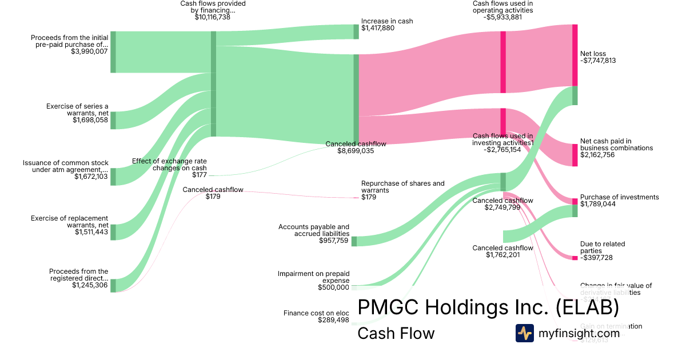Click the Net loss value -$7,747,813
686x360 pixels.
coord(597,61)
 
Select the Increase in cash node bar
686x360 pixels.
coord(356,31)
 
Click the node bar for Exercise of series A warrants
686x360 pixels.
coord(113,121)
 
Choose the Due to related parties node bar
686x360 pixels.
coord(575,258)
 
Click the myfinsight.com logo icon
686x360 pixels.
coord(524,333)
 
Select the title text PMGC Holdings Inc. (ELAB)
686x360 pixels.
coord(488,307)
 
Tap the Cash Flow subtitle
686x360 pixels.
coord(396,333)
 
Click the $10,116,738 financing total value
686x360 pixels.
coord(213,18)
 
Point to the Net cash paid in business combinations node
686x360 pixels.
coord(575,155)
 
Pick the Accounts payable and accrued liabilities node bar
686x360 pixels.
coord(354,241)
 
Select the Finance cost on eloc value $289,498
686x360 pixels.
coord(333,320)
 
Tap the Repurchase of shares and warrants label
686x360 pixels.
coord(402,187)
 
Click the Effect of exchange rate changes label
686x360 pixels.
coord(169,165)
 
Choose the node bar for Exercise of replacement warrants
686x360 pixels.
coord(113,232)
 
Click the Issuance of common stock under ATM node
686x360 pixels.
coord(113,177)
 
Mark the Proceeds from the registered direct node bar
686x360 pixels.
coord(113,286)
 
